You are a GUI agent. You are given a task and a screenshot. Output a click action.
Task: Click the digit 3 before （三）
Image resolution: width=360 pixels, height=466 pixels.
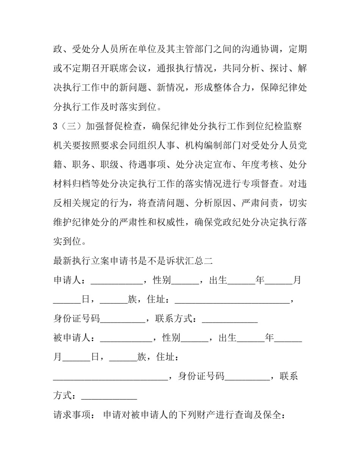(x=55, y=126)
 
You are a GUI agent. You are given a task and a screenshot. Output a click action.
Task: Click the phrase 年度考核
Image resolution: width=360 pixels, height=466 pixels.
(x=261, y=165)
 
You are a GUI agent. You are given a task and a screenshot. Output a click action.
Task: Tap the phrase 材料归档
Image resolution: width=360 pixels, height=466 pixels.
(x=71, y=184)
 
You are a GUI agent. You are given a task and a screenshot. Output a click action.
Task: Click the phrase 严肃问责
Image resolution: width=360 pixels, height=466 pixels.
(x=261, y=203)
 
